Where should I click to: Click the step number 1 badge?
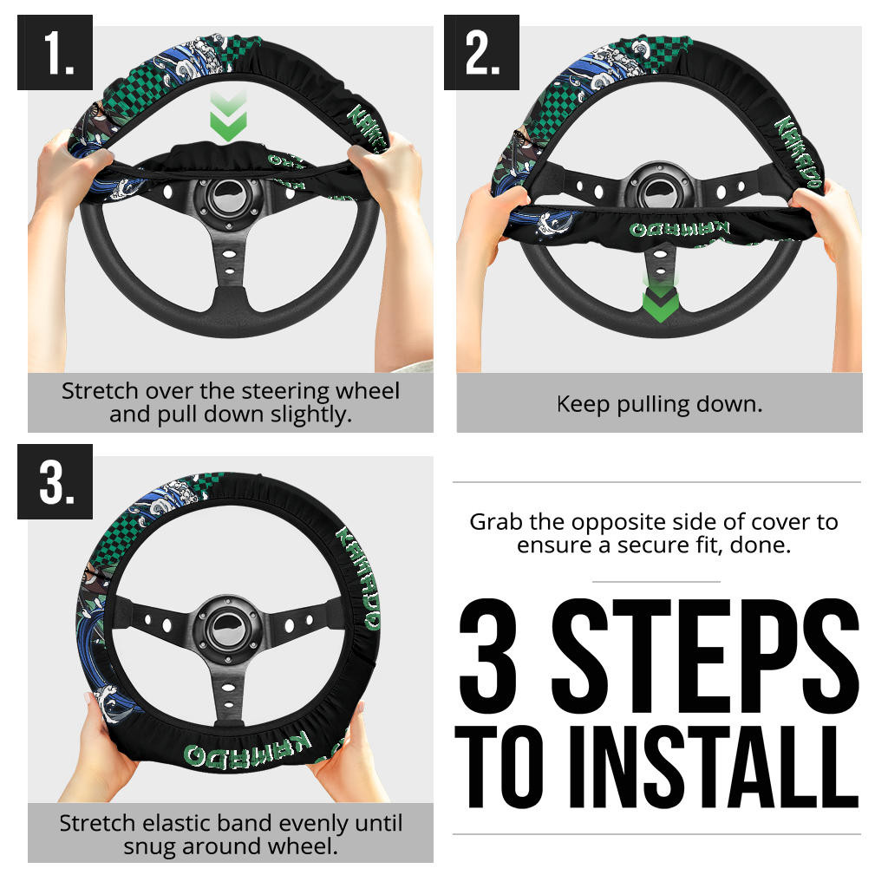[55, 52]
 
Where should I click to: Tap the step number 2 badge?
[481, 52]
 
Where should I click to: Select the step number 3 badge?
[55, 481]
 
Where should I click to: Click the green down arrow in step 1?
[228, 116]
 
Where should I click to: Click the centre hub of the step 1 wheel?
[228, 199]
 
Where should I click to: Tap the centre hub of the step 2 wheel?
[660, 190]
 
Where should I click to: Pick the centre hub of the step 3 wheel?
[227, 629]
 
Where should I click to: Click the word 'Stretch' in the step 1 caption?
[100, 391]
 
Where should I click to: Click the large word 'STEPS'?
[706, 656]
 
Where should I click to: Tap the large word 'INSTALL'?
[714, 767]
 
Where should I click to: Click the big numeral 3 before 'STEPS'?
[488, 656]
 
